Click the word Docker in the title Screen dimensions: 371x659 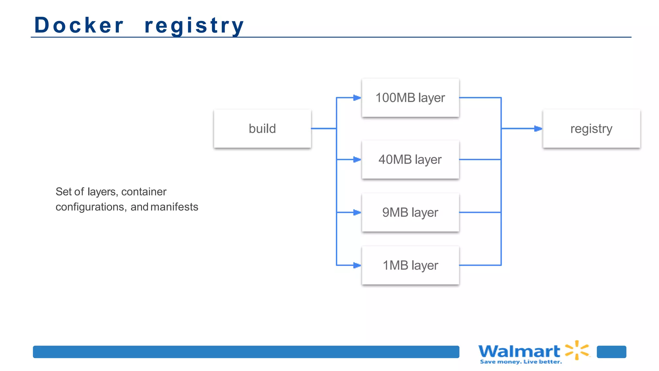(x=79, y=25)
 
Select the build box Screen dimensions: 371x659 (x=262, y=128)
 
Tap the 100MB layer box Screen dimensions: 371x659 (x=410, y=98)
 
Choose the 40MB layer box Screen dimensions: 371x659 (x=410, y=159)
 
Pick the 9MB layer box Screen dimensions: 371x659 (x=410, y=213)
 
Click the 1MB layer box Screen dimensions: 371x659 (x=410, y=265)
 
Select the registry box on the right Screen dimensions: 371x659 (x=591, y=128)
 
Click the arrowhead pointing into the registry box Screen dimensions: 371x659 (x=538, y=128)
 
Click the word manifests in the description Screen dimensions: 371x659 (x=174, y=207)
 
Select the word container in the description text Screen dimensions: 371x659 (x=144, y=192)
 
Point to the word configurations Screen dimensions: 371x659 (x=90, y=207)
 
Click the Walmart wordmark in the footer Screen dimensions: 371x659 (x=519, y=351)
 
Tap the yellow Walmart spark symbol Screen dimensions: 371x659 (x=577, y=350)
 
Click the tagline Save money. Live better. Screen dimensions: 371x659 (x=521, y=362)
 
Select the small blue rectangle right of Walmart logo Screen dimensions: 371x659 (x=611, y=352)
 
